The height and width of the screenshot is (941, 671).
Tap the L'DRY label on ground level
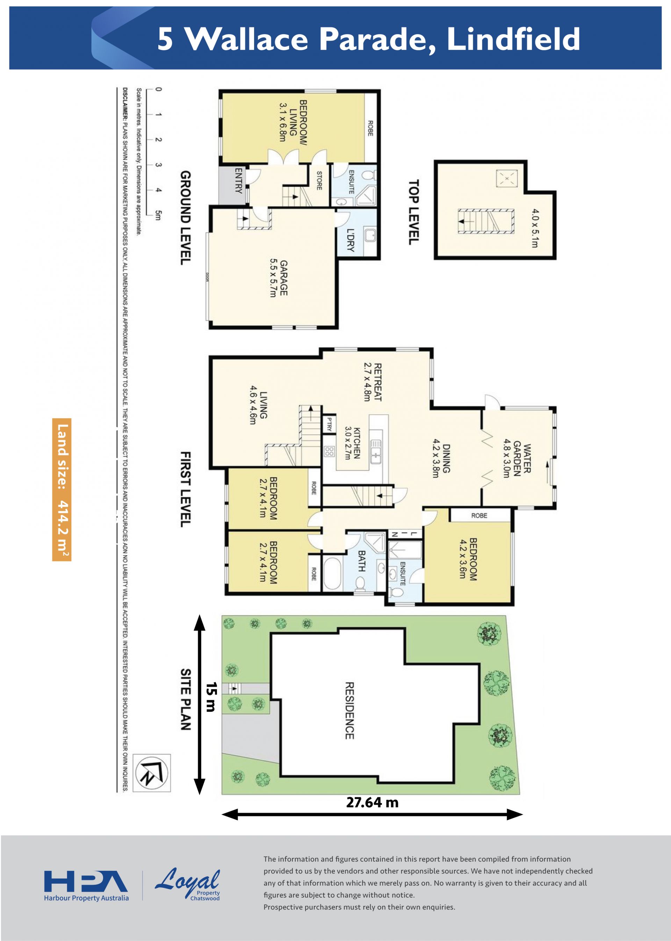coord(351,240)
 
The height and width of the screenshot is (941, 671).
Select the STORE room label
coord(319,181)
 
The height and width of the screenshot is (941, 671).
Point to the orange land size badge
coord(62,490)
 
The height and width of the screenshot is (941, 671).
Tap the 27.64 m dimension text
coord(372,802)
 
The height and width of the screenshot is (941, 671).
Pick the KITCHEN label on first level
coord(352,443)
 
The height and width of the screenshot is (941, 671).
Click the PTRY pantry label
coord(329,424)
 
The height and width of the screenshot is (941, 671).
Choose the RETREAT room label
coord(372,382)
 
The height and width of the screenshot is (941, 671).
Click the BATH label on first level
coord(361,560)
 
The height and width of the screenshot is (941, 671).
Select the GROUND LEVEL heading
coord(186,218)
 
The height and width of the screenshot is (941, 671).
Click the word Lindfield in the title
coord(514,39)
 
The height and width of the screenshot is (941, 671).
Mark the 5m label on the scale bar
coord(158,215)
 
